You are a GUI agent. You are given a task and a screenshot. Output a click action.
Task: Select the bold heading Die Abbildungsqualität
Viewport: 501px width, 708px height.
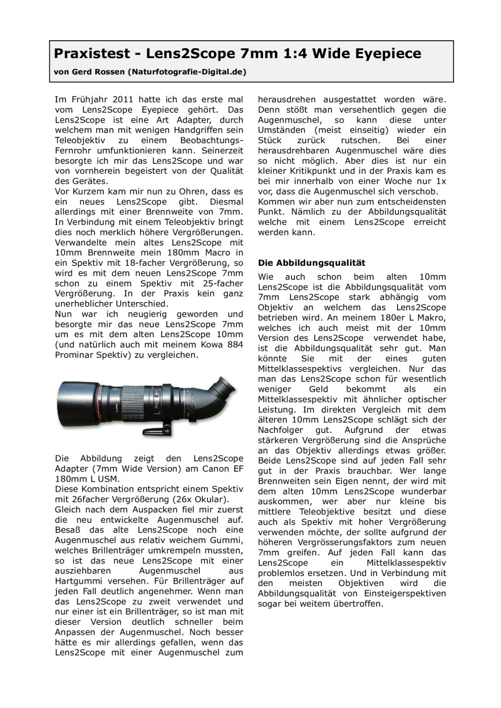point(311,263)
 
